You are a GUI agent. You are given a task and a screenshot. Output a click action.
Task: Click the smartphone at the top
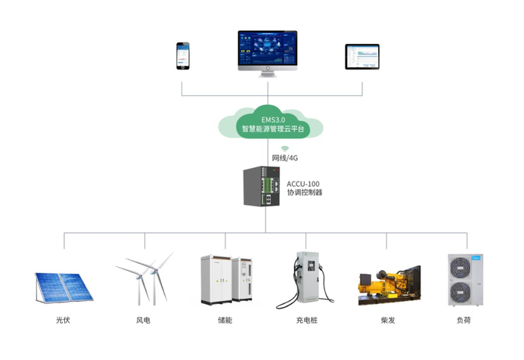click(x=181, y=55)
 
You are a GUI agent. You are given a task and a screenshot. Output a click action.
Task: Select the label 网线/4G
click(x=285, y=159)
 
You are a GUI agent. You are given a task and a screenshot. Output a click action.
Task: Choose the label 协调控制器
click(x=304, y=194)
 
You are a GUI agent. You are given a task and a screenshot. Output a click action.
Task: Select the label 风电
click(x=143, y=321)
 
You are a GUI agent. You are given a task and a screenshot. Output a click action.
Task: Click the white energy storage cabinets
click(x=225, y=281)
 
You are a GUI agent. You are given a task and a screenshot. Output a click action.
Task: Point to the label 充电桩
click(x=306, y=321)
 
